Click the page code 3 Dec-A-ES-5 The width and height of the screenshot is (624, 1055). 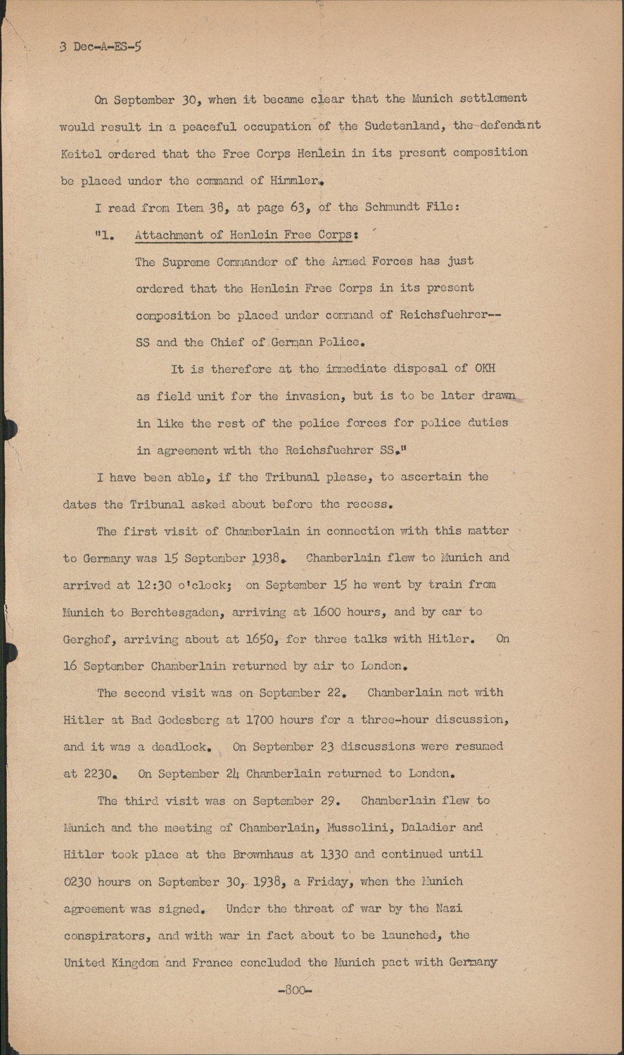pos(101,48)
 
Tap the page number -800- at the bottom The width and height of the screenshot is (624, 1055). pos(295,990)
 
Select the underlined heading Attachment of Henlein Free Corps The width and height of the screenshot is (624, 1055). pos(243,235)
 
